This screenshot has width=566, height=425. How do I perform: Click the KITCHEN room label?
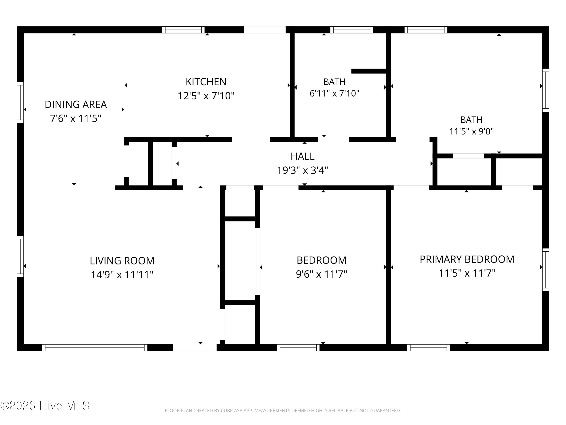point(206,82)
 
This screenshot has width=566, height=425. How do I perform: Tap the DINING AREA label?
point(76,104)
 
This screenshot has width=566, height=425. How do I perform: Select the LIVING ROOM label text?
point(122,261)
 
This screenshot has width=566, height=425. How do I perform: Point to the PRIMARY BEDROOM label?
point(467,259)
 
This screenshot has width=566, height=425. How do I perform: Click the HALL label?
point(302,156)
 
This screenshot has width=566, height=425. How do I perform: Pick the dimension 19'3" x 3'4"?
point(302,170)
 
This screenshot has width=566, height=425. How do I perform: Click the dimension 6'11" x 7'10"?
point(335,93)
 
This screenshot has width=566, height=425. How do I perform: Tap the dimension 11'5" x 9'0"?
point(471,131)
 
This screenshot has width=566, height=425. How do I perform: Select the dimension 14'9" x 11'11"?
point(122,275)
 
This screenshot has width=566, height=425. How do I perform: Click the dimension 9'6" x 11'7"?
point(321,274)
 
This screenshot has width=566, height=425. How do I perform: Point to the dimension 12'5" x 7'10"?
point(206,96)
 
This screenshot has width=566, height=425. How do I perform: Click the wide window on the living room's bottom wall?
point(95,348)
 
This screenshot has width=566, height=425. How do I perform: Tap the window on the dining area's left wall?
point(20,102)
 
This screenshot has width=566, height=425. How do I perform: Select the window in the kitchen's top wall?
point(183,30)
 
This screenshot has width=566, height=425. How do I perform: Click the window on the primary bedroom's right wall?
point(546,270)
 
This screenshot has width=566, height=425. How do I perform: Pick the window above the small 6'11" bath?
point(351,30)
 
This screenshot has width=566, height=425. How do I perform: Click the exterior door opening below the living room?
point(195,348)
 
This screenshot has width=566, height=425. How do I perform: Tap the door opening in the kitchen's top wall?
point(265,30)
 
